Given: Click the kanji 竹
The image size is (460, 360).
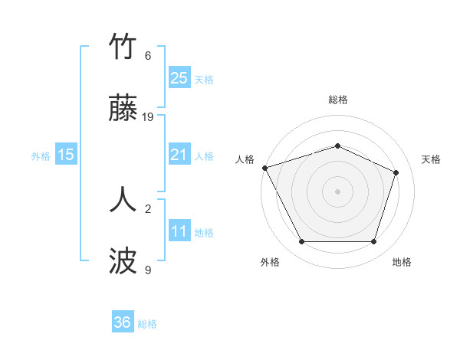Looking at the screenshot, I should click(x=123, y=47).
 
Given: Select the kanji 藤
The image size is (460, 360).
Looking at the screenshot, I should click(x=123, y=109).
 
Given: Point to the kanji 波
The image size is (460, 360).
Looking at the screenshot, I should click(x=123, y=260).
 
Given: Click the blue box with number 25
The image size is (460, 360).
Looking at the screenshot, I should click(x=179, y=77).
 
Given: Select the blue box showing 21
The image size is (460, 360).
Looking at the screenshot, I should click(x=179, y=155).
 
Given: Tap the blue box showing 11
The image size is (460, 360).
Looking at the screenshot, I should click(x=179, y=231).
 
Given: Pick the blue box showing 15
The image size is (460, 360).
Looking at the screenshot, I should click(x=66, y=155).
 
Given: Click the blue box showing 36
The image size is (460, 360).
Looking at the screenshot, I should click(x=122, y=322).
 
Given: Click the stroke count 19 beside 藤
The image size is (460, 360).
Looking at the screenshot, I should click(x=148, y=117).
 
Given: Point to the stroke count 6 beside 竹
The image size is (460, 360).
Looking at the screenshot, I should click(x=148, y=56).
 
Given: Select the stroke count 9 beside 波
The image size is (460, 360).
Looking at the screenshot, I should click(x=148, y=270).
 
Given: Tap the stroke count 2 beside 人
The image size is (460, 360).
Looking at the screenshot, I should click(x=148, y=208).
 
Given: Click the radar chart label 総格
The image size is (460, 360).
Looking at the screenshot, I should click(x=337, y=100).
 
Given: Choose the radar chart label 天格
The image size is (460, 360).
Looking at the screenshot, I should click(x=431, y=159).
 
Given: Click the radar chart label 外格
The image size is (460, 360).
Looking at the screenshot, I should click(x=269, y=262).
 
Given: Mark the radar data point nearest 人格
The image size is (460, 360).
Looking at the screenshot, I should click(x=264, y=168).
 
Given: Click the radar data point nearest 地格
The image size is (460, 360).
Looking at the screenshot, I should click(x=373, y=242).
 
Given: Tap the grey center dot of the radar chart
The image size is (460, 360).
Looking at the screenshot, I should click(x=337, y=191).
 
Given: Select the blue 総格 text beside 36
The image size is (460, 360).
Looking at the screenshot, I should click(x=147, y=324).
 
